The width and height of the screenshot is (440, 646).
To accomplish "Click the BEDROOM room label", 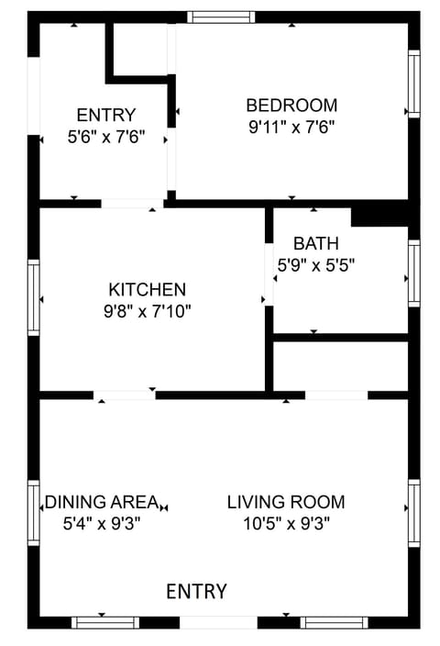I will pyautogui.click(x=291, y=105).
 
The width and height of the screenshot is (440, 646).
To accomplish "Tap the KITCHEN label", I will pyautogui.click(x=148, y=289).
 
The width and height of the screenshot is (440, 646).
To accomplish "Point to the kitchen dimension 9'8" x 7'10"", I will pyautogui.click(x=148, y=311).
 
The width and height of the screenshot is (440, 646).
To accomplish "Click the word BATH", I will pyautogui.click(x=316, y=243).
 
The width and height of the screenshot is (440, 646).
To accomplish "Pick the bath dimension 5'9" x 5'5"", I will pyautogui.click(x=316, y=265).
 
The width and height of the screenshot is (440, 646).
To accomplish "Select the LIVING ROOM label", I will pyautogui.click(x=286, y=502).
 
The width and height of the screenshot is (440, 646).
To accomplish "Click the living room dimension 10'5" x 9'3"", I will pyautogui.click(x=286, y=524).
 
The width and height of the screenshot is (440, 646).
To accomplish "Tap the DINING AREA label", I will pyautogui.click(x=102, y=502).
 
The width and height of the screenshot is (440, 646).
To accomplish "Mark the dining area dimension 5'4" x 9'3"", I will pyautogui.click(x=102, y=524).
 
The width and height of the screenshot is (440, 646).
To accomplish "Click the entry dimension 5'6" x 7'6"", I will pyautogui.click(x=106, y=137).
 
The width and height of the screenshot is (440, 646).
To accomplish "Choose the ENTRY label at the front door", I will pyautogui.click(x=196, y=592).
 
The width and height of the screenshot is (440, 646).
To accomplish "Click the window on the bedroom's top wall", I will pyautogui.click(x=222, y=17).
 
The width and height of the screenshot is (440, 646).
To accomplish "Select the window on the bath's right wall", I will pyautogui.click(x=414, y=273).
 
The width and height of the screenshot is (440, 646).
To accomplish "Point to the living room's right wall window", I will pyautogui.click(x=414, y=512).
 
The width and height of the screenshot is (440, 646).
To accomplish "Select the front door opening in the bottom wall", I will pyautogui.click(x=218, y=622).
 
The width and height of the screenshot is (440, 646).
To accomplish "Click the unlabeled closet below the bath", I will pyautogui.click(x=341, y=367).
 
